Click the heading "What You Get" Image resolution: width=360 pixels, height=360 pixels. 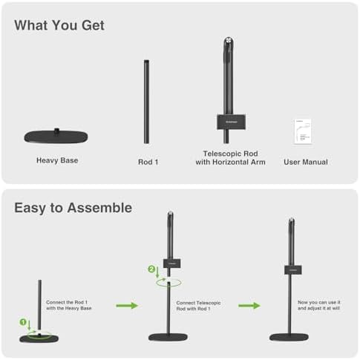(59, 25)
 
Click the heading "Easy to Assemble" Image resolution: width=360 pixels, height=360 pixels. (73, 208)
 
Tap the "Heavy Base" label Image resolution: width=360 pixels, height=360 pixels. (57, 160)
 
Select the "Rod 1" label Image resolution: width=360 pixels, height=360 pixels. (148, 162)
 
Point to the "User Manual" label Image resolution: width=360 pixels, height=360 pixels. (306, 162)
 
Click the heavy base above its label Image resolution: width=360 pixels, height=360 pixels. (57, 137)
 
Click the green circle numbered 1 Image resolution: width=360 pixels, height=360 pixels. (24, 323)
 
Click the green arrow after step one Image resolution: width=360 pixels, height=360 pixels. (128, 305)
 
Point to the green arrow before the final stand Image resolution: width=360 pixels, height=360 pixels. (249, 305)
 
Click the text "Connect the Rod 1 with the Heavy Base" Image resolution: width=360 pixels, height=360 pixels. (69, 305)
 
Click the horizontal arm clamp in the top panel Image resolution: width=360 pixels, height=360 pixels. (226, 118)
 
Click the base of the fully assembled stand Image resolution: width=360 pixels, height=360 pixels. (289, 336)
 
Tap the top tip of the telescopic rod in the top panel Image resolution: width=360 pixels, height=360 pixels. (226, 42)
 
